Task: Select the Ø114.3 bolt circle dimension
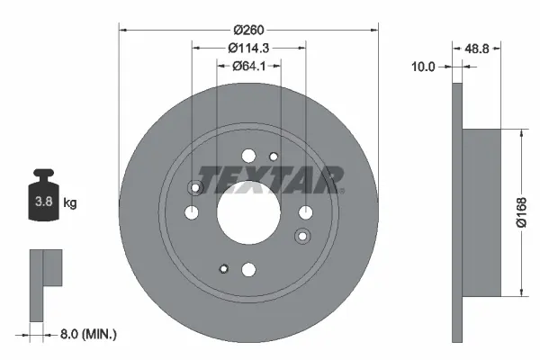point(249,47)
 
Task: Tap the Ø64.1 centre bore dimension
point(249,66)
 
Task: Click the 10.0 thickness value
point(424,67)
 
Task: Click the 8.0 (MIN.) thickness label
point(86,334)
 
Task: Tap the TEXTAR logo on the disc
point(270,179)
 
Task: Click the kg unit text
point(70,203)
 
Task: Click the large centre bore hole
point(249,212)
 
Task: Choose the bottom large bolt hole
point(249,268)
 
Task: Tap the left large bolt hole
point(193,212)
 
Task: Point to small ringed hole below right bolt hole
point(304,236)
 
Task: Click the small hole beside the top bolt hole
point(274,157)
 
